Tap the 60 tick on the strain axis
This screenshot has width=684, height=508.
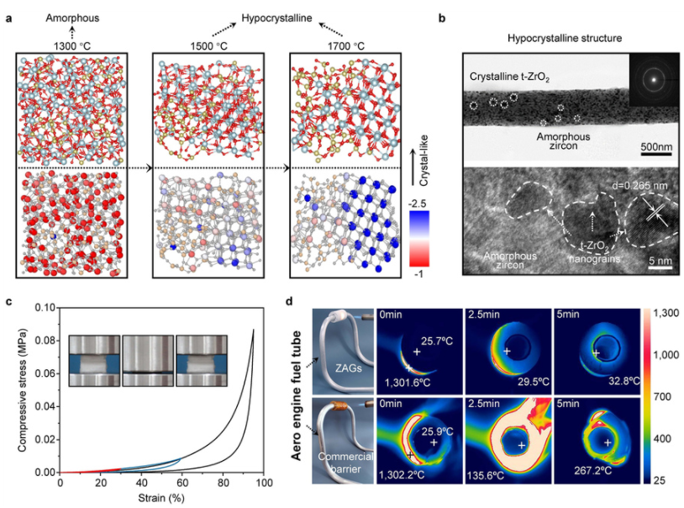[x=182, y=484]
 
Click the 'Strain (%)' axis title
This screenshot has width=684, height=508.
[x=162, y=499]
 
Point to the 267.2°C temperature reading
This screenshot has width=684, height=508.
[x=588, y=472]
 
